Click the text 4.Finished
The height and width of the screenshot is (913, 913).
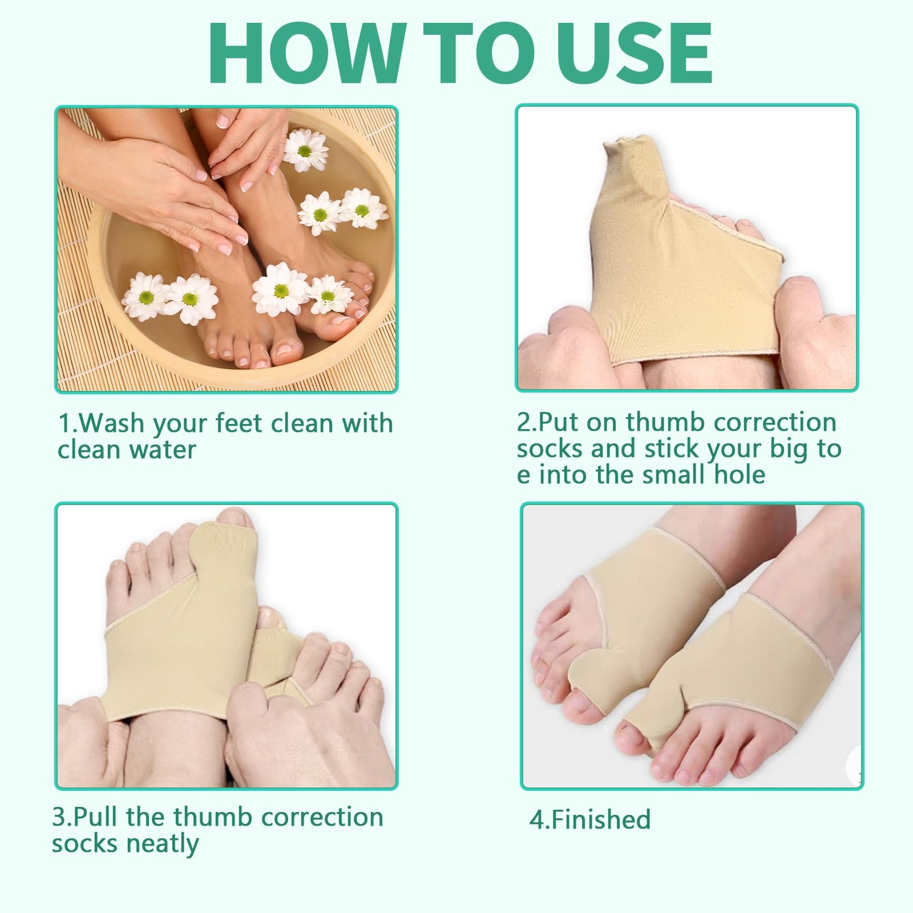590,819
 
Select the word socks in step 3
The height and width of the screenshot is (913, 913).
84,843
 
